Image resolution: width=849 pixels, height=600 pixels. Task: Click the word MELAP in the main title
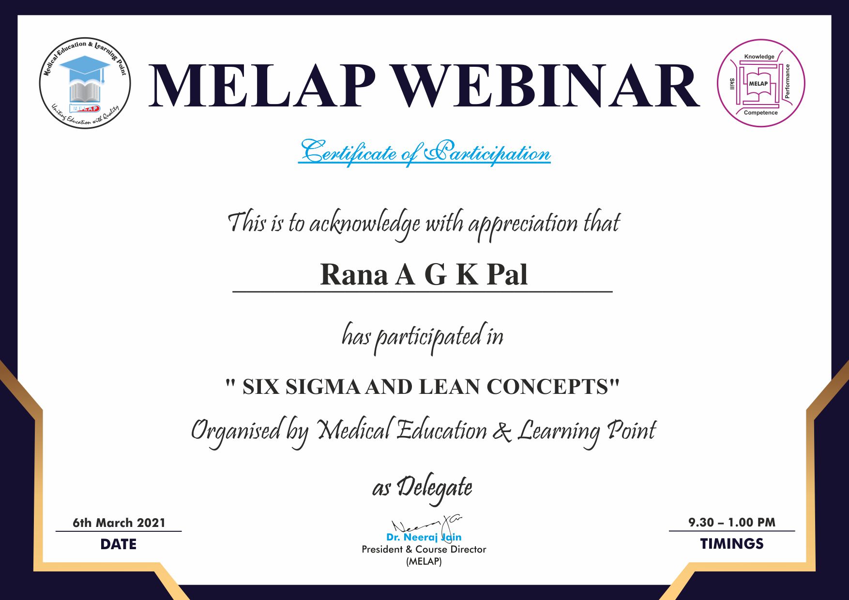tap(263, 86)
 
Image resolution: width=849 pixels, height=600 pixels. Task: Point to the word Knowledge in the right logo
tap(759, 57)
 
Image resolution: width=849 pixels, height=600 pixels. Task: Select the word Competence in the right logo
tap(760, 113)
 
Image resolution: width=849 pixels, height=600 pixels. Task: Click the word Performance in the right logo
tap(788, 81)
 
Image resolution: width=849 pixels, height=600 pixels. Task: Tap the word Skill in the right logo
tap(732, 84)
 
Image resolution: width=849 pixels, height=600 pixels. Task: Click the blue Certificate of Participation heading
tap(424, 152)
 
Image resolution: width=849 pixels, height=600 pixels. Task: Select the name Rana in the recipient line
tap(354, 275)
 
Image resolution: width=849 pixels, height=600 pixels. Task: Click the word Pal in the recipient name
tap(507, 275)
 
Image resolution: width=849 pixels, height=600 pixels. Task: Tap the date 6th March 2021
tap(119, 523)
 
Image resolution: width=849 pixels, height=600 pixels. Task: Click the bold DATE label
tap(119, 544)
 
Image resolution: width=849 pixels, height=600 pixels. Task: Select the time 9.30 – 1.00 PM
tap(732, 522)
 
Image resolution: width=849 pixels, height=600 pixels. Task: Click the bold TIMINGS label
tap(732, 544)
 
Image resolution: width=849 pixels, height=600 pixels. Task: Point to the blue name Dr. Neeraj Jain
tap(424, 537)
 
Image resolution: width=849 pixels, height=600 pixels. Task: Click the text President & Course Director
tap(424, 549)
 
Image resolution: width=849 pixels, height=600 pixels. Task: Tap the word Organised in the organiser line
tap(236, 431)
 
